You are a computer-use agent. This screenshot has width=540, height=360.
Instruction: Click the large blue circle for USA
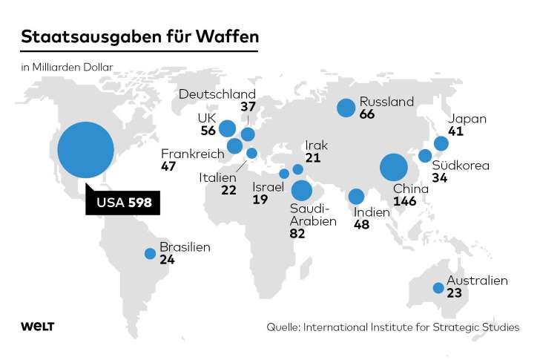click(86, 151)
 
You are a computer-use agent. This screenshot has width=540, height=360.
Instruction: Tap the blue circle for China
click(394, 167)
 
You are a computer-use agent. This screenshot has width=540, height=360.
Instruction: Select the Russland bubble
click(346, 108)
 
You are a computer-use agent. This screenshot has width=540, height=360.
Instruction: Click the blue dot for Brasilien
click(150, 254)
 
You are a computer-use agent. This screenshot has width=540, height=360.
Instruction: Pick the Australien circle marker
click(438, 289)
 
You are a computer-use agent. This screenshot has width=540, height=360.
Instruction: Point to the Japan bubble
click(441, 143)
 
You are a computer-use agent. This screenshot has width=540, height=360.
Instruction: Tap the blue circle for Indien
click(357, 197)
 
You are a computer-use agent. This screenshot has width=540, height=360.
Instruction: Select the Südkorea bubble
click(425, 156)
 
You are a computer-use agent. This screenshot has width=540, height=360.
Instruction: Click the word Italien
click(217, 178)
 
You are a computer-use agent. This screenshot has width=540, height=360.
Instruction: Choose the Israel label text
click(268, 187)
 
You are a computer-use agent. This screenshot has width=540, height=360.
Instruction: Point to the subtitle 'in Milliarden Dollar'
click(67, 67)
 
